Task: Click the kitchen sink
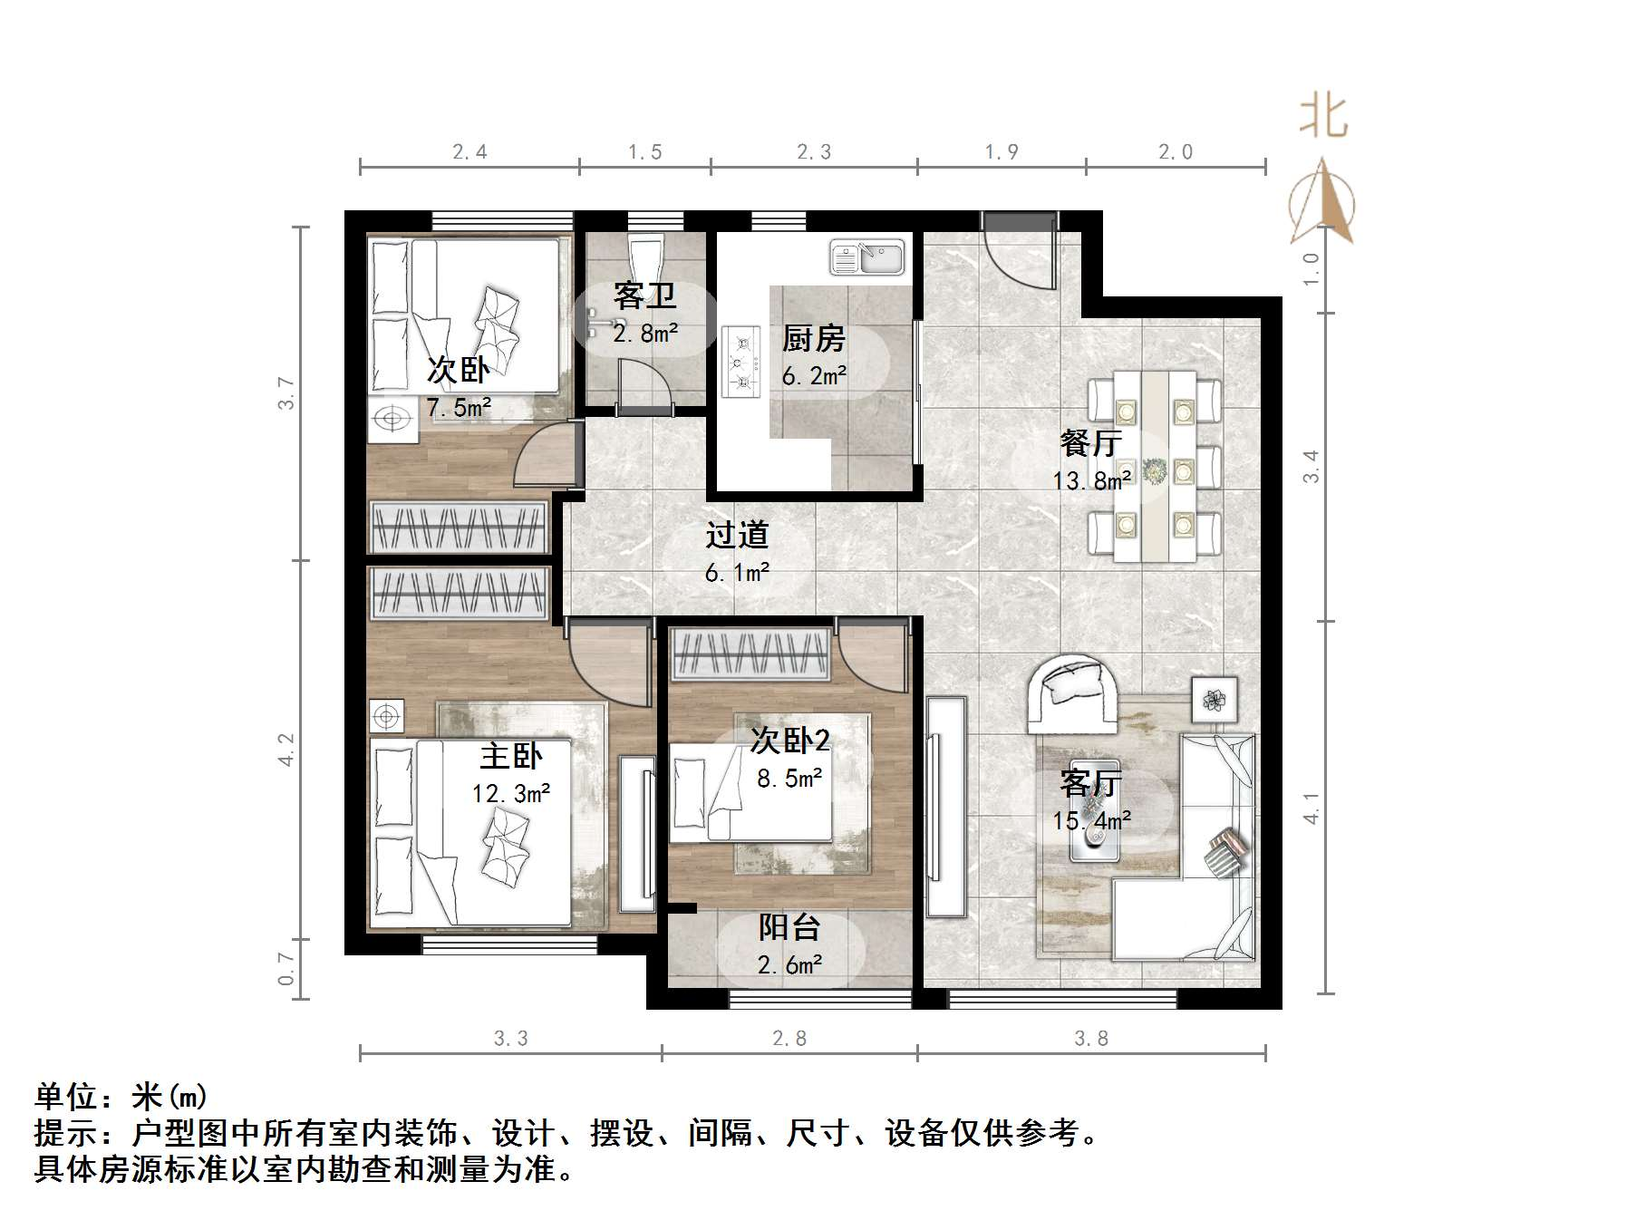point(866,257)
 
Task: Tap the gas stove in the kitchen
point(740,362)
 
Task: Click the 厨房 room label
point(813,339)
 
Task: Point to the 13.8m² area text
point(1091,479)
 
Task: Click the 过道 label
point(737,534)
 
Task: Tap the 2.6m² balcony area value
point(789,964)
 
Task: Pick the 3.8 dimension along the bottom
point(1091,1038)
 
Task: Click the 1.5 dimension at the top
point(645,152)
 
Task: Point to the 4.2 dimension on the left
point(286,750)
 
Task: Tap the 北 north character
point(1323,118)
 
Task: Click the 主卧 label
point(511,756)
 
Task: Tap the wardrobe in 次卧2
point(750,654)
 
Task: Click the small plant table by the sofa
point(1214,699)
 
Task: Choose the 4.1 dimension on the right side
point(1311,808)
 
